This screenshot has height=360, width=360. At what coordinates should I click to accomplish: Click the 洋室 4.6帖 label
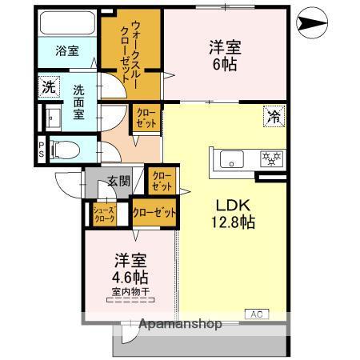(x=129, y=268)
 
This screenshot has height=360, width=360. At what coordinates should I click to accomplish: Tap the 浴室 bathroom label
(x=66, y=51)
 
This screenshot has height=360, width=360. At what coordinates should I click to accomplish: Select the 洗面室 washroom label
(x=79, y=102)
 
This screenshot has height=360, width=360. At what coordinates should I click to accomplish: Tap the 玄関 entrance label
(x=118, y=182)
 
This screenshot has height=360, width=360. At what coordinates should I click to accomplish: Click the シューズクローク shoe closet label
(x=106, y=214)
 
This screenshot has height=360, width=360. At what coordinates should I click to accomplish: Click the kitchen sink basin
(x=231, y=159)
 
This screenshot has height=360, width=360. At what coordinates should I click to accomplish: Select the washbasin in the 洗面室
(x=54, y=118)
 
